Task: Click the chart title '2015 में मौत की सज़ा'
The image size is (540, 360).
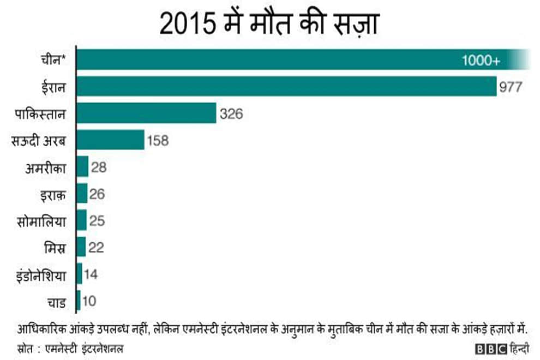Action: click(269, 25)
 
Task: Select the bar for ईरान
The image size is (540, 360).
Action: click(286, 86)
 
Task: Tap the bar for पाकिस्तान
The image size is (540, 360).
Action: click(146, 113)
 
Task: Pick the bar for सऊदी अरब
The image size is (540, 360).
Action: click(110, 140)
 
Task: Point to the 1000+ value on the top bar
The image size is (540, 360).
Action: click(481, 60)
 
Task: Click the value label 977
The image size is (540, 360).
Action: click(511, 87)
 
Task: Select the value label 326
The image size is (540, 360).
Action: click(231, 113)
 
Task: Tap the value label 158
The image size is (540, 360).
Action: click(158, 140)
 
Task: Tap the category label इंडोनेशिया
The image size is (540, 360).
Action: click(42, 274)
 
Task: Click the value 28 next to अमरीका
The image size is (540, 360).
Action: click(99, 167)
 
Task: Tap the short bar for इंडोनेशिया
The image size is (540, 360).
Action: click(80, 274)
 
